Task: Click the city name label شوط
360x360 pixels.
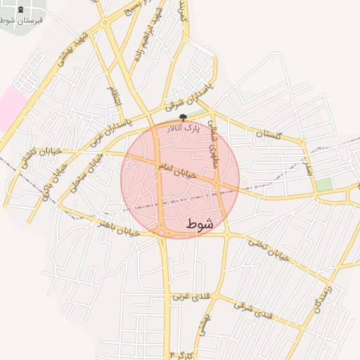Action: tap(200, 224)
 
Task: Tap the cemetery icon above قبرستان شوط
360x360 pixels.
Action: tap(20, 10)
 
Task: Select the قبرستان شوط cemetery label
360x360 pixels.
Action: tap(21, 20)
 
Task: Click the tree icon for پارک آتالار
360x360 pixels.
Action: tap(184, 117)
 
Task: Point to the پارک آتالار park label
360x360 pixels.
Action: tap(184, 129)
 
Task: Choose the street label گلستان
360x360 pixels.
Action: tap(268, 133)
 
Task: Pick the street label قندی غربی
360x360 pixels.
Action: tap(188, 296)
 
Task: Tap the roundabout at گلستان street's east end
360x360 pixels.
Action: tap(302, 143)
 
